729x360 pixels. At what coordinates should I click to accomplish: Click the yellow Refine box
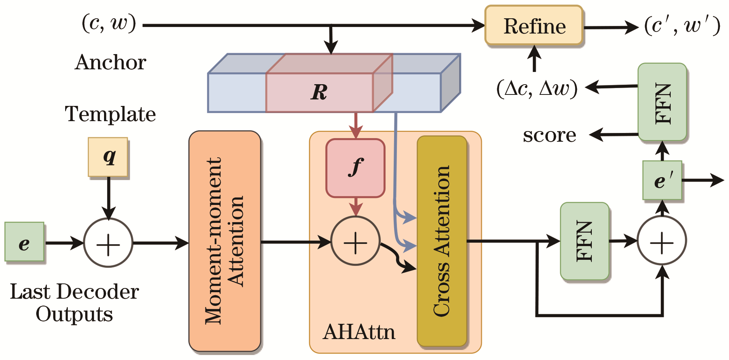pos(534,26)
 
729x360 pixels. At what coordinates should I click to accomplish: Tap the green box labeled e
pos(24,242)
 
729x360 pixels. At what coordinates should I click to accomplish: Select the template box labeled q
pos(108,157)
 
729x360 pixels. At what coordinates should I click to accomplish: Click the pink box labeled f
pos(355,168)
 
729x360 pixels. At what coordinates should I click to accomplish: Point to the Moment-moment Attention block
pos(224,241)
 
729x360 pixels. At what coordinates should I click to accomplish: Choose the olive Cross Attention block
pos(442,241)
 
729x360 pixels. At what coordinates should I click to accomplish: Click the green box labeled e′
pos(662,180)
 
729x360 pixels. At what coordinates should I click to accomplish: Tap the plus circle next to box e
pos(108,243)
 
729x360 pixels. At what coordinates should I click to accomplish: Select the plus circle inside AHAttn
pos(355,241)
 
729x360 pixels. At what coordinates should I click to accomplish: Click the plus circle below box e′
pos(662,241)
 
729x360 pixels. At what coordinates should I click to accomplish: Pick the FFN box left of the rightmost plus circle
pos(585,241)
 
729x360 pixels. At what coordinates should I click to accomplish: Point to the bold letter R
pos(319,92)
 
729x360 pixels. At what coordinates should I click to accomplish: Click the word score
pos(549,135)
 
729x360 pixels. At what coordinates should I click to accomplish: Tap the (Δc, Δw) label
pos(537,88)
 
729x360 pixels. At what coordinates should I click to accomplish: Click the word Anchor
pos(111,62)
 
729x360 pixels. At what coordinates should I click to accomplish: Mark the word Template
pos(111,114)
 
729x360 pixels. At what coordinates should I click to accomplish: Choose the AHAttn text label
pos(359,332)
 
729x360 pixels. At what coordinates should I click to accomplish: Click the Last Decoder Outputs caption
pos(74,303)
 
